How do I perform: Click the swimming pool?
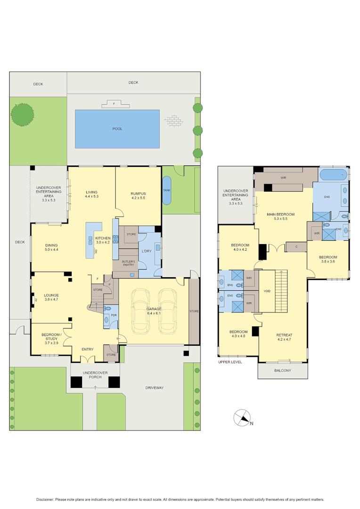click(117, 129)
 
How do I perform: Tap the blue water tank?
click(167, 190)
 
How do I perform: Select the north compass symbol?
click(244, 417)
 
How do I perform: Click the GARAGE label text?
click(154, 309)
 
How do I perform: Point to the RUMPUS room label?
click(138, 194)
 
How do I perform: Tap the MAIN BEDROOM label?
click(280, 214)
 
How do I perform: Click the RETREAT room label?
click(285, 335)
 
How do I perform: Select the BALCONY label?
click(283, 370)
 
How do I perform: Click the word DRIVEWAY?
click(154, 387)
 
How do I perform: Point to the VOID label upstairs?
click(267, 291)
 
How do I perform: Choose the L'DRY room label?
click(146, 251)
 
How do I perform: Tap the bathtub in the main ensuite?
click(333, 175)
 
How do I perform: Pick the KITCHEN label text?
click(103, 238)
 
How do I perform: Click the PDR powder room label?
click(114, 316)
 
